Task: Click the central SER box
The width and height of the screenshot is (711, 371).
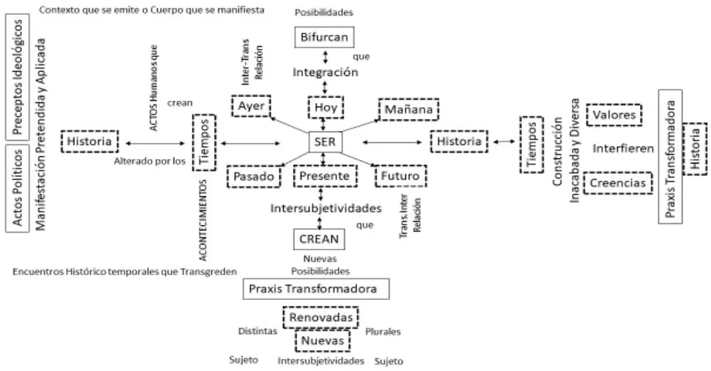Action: pos(325,142)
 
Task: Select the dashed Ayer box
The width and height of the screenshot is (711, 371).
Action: pos(251,106)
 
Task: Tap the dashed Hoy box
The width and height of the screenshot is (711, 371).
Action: pos(326,107)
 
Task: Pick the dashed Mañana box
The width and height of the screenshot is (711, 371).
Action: pos(409,110)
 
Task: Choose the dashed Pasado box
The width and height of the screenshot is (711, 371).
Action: pos(254,176)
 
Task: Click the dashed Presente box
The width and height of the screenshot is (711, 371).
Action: pos(324,176)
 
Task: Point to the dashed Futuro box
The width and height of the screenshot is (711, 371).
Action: pos(401,176)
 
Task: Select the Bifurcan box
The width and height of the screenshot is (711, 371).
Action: pos(324,37)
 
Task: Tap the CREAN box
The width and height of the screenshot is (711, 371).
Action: pos(318,239)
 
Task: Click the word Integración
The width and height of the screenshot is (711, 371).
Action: pos(325,72)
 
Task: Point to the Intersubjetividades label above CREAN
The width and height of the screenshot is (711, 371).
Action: pos(326,208)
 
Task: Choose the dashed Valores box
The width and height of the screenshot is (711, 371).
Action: pos(614,115)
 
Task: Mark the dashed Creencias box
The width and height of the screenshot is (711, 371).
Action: pos(618,183)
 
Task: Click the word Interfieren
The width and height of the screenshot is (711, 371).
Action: pos(623,148)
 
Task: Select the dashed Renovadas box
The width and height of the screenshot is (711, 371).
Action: pos(321,318)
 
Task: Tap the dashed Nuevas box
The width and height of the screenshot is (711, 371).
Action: pos(322,341)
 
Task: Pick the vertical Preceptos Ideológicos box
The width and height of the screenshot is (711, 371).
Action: pos(17,77)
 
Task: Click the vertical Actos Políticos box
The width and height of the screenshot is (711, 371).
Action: pos(17,188)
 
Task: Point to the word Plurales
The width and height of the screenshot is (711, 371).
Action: pos(383,332)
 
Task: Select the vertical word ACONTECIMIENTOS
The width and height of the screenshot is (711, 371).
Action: pos(203,220)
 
